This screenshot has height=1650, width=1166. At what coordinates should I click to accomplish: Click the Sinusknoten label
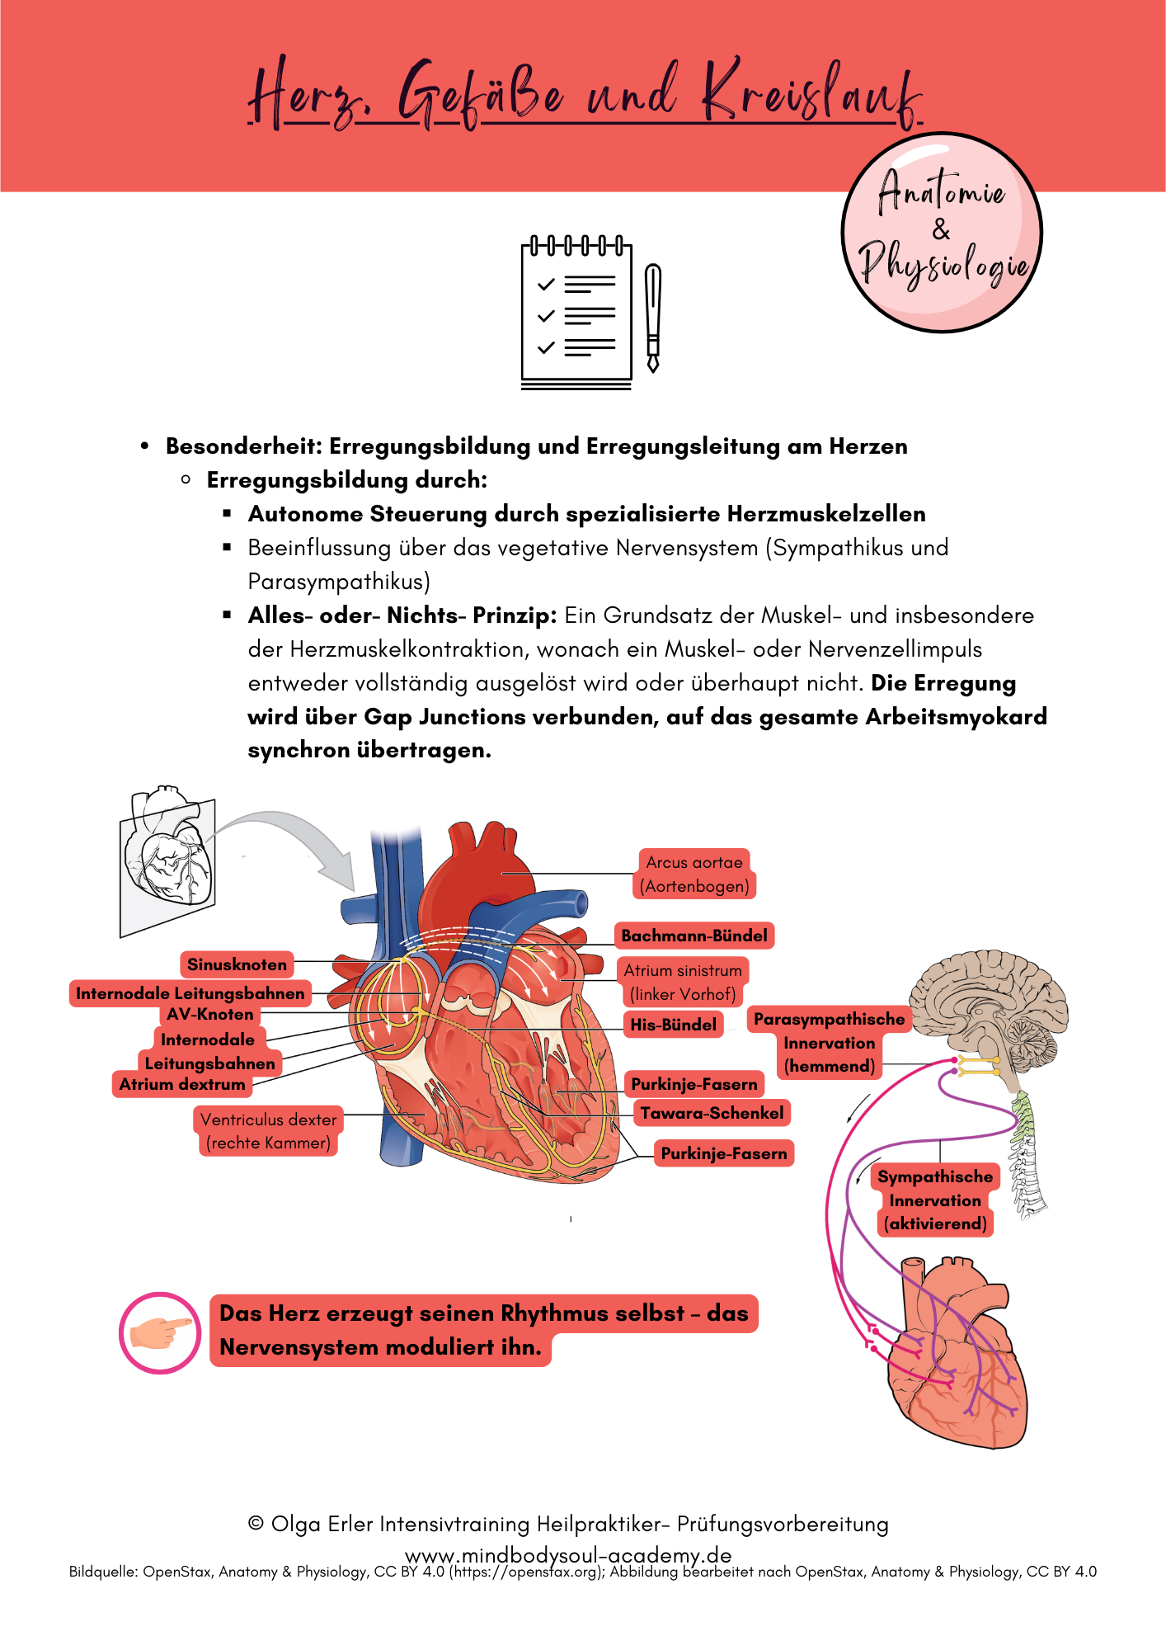pyautogui.click(x=237, y=964)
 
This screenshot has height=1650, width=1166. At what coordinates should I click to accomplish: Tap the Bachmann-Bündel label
pyautogui.click(x=694, y=936)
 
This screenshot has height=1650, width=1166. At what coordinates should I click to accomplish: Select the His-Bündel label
pyautogui.click(x=673, y=1025)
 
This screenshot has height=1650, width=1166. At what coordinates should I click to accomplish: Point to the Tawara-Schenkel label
pyautogui.click(x=712, y=1113)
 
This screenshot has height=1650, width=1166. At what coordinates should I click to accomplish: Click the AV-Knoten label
pyautogui.click(x=210, y=1014)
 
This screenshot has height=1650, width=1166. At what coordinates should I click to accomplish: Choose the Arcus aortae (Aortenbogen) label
pyautogui.click(x=694, y=874)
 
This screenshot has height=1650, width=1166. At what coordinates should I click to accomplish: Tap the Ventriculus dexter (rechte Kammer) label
pyautogui.click(x=269, y=1131)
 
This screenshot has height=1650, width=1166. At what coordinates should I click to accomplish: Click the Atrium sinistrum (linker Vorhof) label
pyautogui.click(x=683, y=982)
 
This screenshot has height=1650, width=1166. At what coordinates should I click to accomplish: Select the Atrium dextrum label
pyautogui.click(x=182, y=1084)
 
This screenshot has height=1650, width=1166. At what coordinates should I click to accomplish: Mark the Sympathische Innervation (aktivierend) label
pyautogui.click(x=935, y=1200)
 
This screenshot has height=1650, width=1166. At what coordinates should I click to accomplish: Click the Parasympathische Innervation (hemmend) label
pyautogui.click(x=829, y=1042)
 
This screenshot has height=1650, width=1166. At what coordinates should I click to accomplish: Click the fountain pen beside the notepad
pyautogui.click(x=653, y=318)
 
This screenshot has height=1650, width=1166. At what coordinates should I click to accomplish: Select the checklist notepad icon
pyautogui.click(x=576, y=313)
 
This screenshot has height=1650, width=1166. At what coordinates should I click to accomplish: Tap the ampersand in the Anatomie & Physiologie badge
pyautogui.click(x=941, y=229)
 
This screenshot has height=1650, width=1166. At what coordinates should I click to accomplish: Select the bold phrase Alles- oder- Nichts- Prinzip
pyautogui.click(x=402, y=615)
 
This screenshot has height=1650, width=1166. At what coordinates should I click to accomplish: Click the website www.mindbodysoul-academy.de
pyautogui.click(x=568, y=1555)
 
